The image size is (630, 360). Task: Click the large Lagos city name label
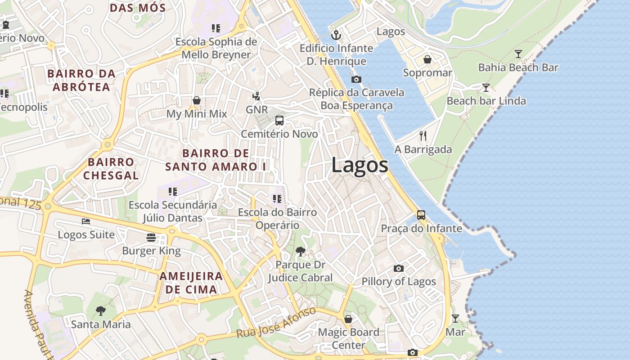pos(360,165)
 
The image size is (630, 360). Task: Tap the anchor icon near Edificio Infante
pos(336,35)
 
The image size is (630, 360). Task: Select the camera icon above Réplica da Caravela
pos(356,80)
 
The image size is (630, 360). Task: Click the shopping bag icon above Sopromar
pos(427,59)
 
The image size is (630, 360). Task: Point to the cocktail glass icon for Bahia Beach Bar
pos(518,54)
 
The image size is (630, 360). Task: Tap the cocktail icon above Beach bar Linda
pos(486,87)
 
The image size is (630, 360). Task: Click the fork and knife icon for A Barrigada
pos(423,136)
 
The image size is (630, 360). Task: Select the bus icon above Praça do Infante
pos(421,215)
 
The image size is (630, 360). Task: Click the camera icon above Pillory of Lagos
pos(399,269)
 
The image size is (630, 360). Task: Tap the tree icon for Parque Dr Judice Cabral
pos(300,252)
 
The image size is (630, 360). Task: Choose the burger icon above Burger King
pos(151,238)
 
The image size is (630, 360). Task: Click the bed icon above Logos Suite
pos(86,221)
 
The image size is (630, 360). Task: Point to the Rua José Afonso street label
pos(276,324)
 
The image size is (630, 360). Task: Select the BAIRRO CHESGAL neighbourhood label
pos(111,169)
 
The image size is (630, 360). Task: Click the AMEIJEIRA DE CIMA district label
pos(191,283)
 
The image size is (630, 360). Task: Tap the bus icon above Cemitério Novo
pos(279,121)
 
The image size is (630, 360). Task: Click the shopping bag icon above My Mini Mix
pos(197,100)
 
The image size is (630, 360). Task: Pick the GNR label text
pos(256,110)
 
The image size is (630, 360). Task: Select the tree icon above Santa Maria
pos(101,310)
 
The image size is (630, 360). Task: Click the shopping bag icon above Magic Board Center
pos(348,319)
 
